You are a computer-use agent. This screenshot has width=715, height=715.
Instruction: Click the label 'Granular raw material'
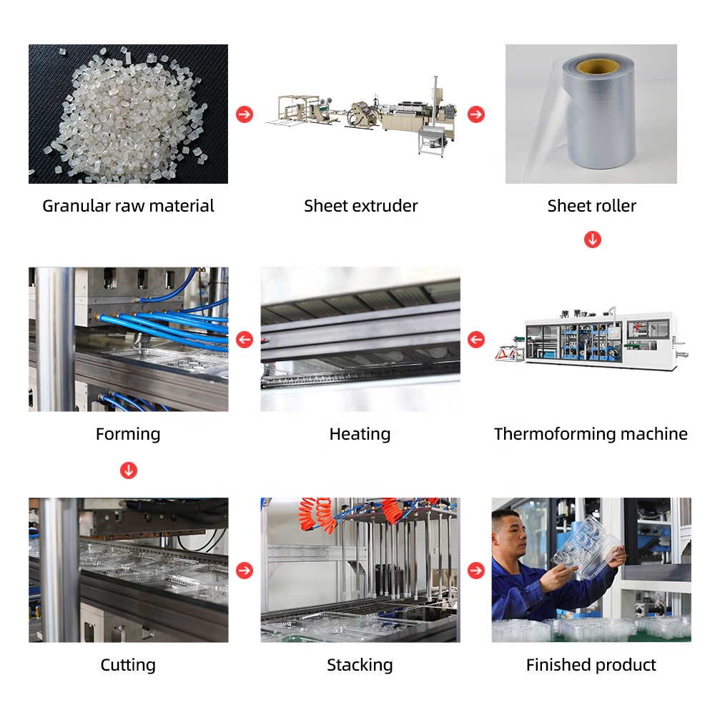(x=128, y=206)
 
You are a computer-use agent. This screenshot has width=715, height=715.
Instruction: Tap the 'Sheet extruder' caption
(x=360, y=206)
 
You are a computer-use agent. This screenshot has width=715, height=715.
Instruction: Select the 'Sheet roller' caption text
(x=591, y=206)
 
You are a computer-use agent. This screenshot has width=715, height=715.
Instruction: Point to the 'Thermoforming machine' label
(x=591, y=434)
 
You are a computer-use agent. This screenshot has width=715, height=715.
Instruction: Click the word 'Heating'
(x=360, y=434)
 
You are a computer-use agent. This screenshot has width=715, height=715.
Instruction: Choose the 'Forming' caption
(x=128, y=434)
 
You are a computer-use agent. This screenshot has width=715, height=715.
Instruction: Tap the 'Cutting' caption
(x=128, y=665)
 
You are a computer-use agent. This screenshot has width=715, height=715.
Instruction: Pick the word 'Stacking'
(x=360, y=665)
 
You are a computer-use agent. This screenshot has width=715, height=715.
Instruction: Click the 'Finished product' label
(x=591, y=665)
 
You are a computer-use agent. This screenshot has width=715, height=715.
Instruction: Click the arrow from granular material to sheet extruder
(x=245, y=114)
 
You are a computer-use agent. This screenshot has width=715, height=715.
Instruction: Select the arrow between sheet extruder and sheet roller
(x=476, y=114)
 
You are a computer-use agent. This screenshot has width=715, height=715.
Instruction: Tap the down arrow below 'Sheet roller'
(x=592, y=240)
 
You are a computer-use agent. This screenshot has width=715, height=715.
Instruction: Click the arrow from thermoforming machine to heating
(x=476, y=339)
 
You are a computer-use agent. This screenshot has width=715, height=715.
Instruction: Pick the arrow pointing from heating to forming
(x=245, y=339)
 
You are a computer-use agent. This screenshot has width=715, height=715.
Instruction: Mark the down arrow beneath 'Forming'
(x=129, y=470)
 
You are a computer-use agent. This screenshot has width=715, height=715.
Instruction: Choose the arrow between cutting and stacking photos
(x=245, y=570)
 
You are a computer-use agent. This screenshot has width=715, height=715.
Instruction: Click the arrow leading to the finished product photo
(x=476, y=570)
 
